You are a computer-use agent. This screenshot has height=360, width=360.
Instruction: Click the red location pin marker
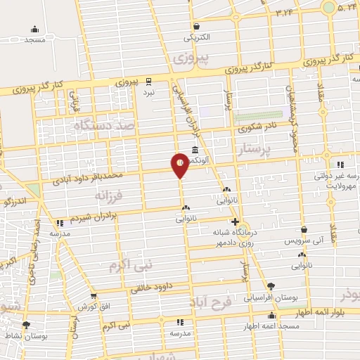(180, 164)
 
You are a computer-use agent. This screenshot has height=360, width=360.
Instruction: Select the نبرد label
(148, 92)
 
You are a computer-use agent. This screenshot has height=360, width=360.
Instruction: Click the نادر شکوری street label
(253, 129)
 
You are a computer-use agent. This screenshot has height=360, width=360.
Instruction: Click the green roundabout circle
(328, 8)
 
